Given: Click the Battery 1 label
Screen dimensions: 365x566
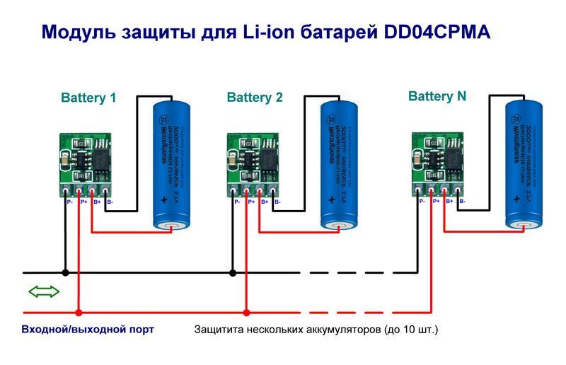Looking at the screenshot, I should [88, 98].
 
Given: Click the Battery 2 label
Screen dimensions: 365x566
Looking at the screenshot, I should [255, 98].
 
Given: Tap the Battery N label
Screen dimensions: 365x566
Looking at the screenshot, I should [438, 96].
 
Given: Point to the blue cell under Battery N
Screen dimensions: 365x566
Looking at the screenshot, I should [524, 164].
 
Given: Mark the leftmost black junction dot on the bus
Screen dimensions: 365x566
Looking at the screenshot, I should [65, 272].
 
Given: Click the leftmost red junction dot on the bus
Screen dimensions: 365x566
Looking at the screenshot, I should [79, 312].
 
